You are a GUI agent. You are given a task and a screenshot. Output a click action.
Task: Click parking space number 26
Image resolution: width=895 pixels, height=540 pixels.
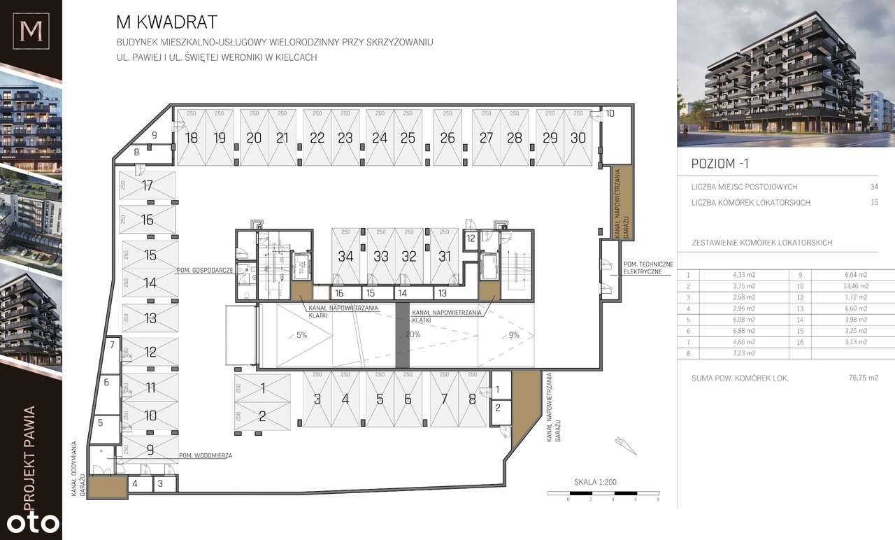pyautogui.click(x=447, y=138)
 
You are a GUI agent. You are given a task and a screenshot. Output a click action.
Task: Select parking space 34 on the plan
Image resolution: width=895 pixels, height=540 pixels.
pyautogui.click(x=345, y=256)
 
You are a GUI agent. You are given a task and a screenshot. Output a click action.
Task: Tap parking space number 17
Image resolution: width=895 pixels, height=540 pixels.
pyautogui.click(x=147, y=185)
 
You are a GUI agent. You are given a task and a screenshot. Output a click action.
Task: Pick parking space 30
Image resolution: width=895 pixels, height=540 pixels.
pyautogui.click(x=578, y=138)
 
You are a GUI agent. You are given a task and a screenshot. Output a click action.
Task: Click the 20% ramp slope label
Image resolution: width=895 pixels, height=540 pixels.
pyautogui.click(x=413, y=334)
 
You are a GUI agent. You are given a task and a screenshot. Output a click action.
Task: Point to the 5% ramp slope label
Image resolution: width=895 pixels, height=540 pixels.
pyautogui.click(x=301, y=335)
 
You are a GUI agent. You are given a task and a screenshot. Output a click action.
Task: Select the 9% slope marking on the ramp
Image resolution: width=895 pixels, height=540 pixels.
pyautogui.click(x=514, y=335)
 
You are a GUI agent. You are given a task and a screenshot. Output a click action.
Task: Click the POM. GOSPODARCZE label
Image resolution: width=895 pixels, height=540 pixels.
pyautogui.click(x=205, y=270)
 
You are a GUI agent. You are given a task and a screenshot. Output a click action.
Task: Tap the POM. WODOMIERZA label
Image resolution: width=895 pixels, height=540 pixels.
pyautogui.click(x=205, y=455)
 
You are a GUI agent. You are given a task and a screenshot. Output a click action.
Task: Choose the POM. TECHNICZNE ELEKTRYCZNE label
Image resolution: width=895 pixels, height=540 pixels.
pyautogui.click(x=647, y=267)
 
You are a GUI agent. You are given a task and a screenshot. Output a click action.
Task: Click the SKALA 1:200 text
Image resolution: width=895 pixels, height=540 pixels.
pyautogui.click(x=594, y=482)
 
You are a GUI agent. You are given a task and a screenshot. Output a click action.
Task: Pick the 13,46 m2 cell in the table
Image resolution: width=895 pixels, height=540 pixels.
pyautogui.click(x=857, y=286)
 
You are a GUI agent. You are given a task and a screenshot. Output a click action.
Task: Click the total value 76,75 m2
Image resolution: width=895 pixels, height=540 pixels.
pyautogui.click(x=863, y=378)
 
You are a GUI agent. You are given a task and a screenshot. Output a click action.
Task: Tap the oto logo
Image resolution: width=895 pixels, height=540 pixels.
pyautogui.click(x=31, y=523)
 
